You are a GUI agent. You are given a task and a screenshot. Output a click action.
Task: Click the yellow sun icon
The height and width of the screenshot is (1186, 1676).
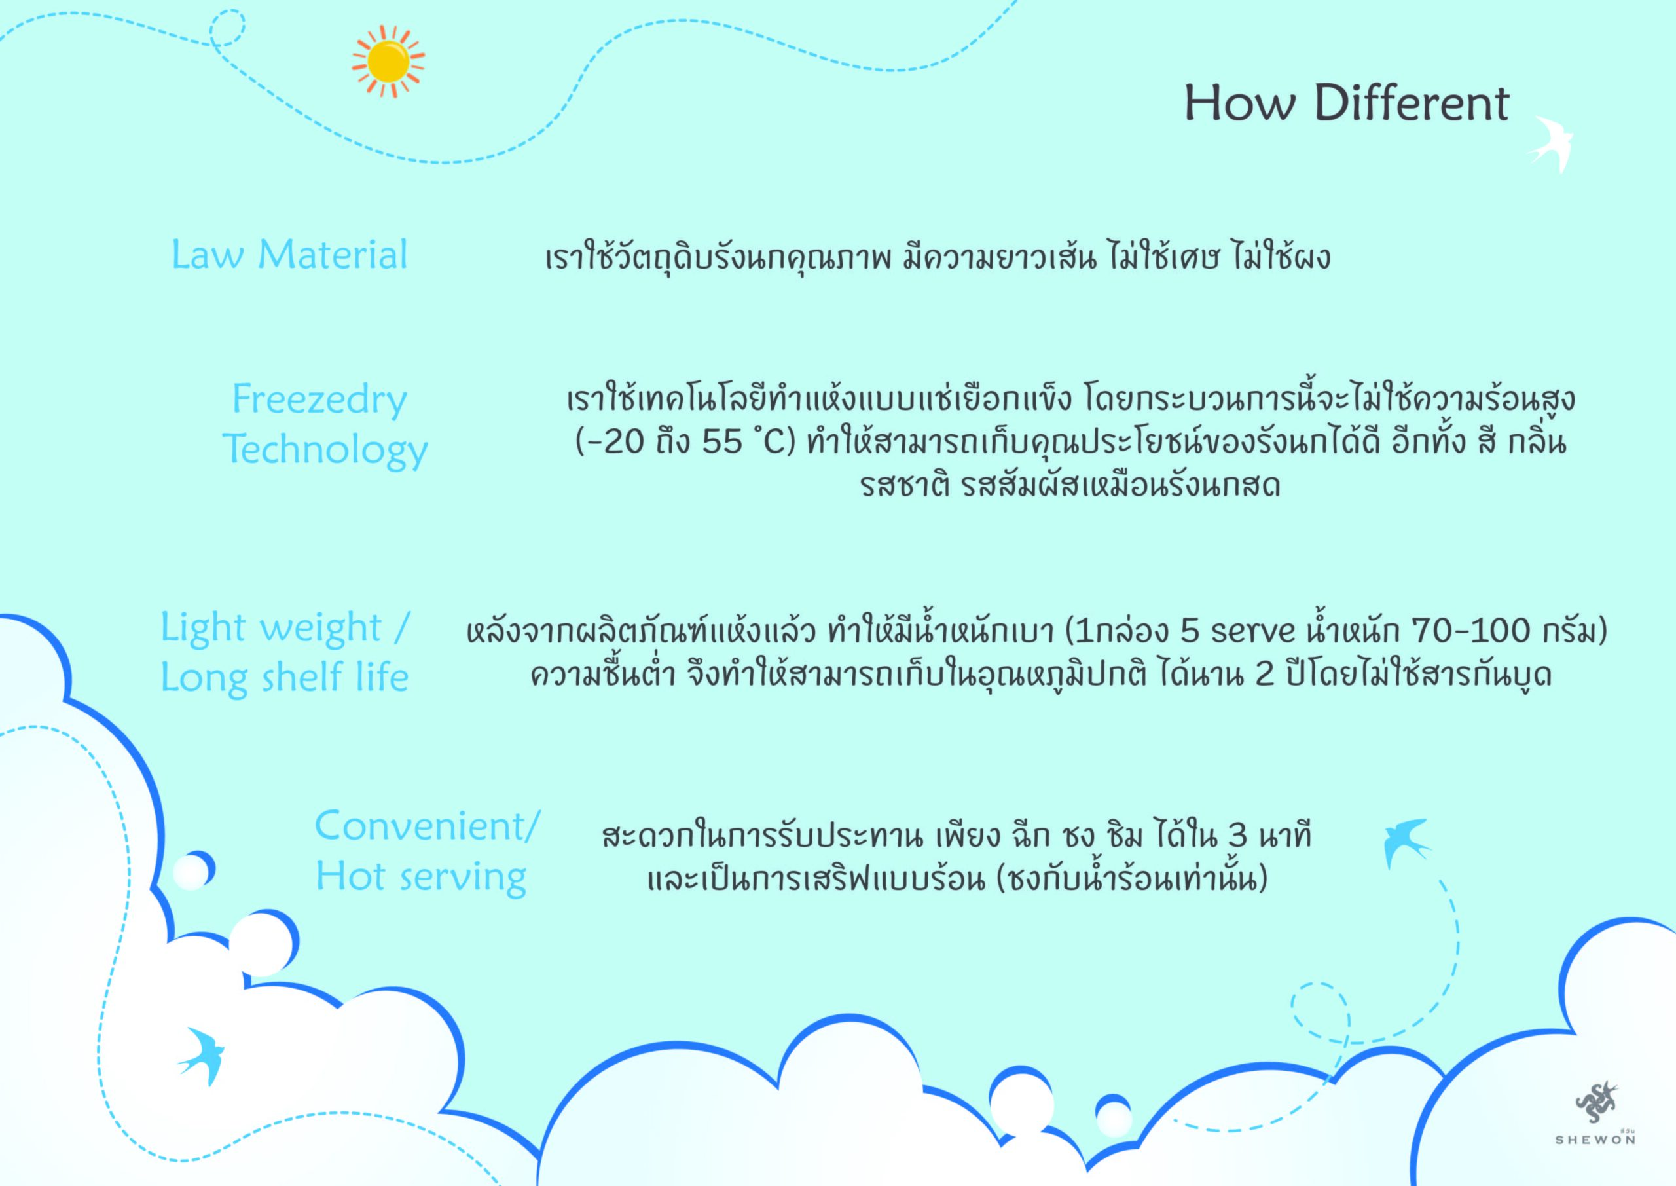(x=388, y=62)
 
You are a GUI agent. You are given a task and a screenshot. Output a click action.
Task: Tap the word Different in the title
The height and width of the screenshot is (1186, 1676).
(x=1412, y=103)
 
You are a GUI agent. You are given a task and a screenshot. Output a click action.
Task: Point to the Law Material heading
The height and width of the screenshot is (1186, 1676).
(x=290, y=255)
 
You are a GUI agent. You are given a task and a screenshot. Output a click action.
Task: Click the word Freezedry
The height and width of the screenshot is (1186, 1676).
(x=319, y=400)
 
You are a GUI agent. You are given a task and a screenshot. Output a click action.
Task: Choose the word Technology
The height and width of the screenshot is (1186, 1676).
(x=325, y=450)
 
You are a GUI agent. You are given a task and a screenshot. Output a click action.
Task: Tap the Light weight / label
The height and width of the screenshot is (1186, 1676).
(x=285, y=629)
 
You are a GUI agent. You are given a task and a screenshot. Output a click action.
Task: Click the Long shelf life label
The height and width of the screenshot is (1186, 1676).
(x=285, y=678)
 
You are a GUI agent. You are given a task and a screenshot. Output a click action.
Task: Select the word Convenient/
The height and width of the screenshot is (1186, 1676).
(x=428, y=826)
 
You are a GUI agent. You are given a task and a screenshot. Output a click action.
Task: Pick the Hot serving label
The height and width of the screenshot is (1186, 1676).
(x=421, y=876)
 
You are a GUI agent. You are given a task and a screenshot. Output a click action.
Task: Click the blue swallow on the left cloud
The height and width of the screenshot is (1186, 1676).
(x=202, y=1056)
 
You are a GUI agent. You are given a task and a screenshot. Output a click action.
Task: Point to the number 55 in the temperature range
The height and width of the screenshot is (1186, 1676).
(x=722, y=443)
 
